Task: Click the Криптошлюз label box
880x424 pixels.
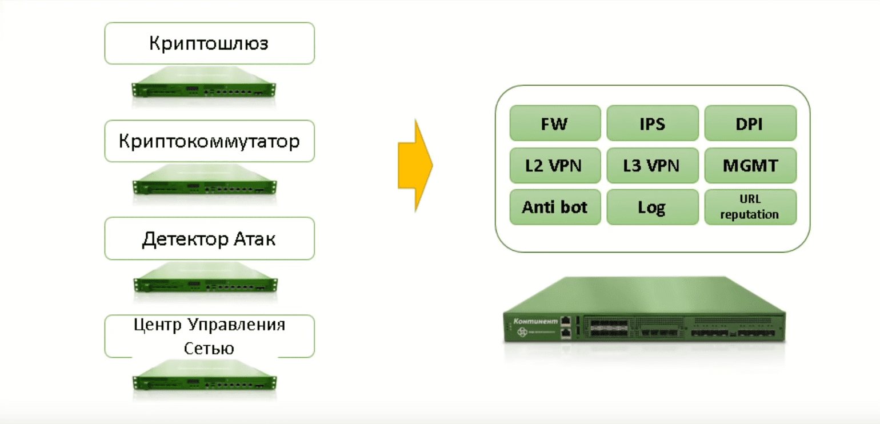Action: (209, 43)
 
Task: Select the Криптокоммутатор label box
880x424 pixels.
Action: (209, 141)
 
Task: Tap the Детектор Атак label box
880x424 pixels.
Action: (209, 238)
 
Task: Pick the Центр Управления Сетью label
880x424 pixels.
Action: (209, 336)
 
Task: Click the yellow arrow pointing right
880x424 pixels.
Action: (415, 166)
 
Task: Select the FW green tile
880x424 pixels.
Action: (555, 123)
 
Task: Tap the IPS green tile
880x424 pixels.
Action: (652, 123)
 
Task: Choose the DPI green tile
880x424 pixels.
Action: (750, 123)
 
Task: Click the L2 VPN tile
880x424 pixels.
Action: (555, 165)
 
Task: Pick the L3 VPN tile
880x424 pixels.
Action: (652, 165)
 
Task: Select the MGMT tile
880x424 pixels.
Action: (750, 165)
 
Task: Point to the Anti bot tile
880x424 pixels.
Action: (555, 207)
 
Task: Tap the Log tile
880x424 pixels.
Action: (652, 207)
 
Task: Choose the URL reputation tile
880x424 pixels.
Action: (750, 207)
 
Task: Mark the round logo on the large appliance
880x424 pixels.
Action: (521, 332)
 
